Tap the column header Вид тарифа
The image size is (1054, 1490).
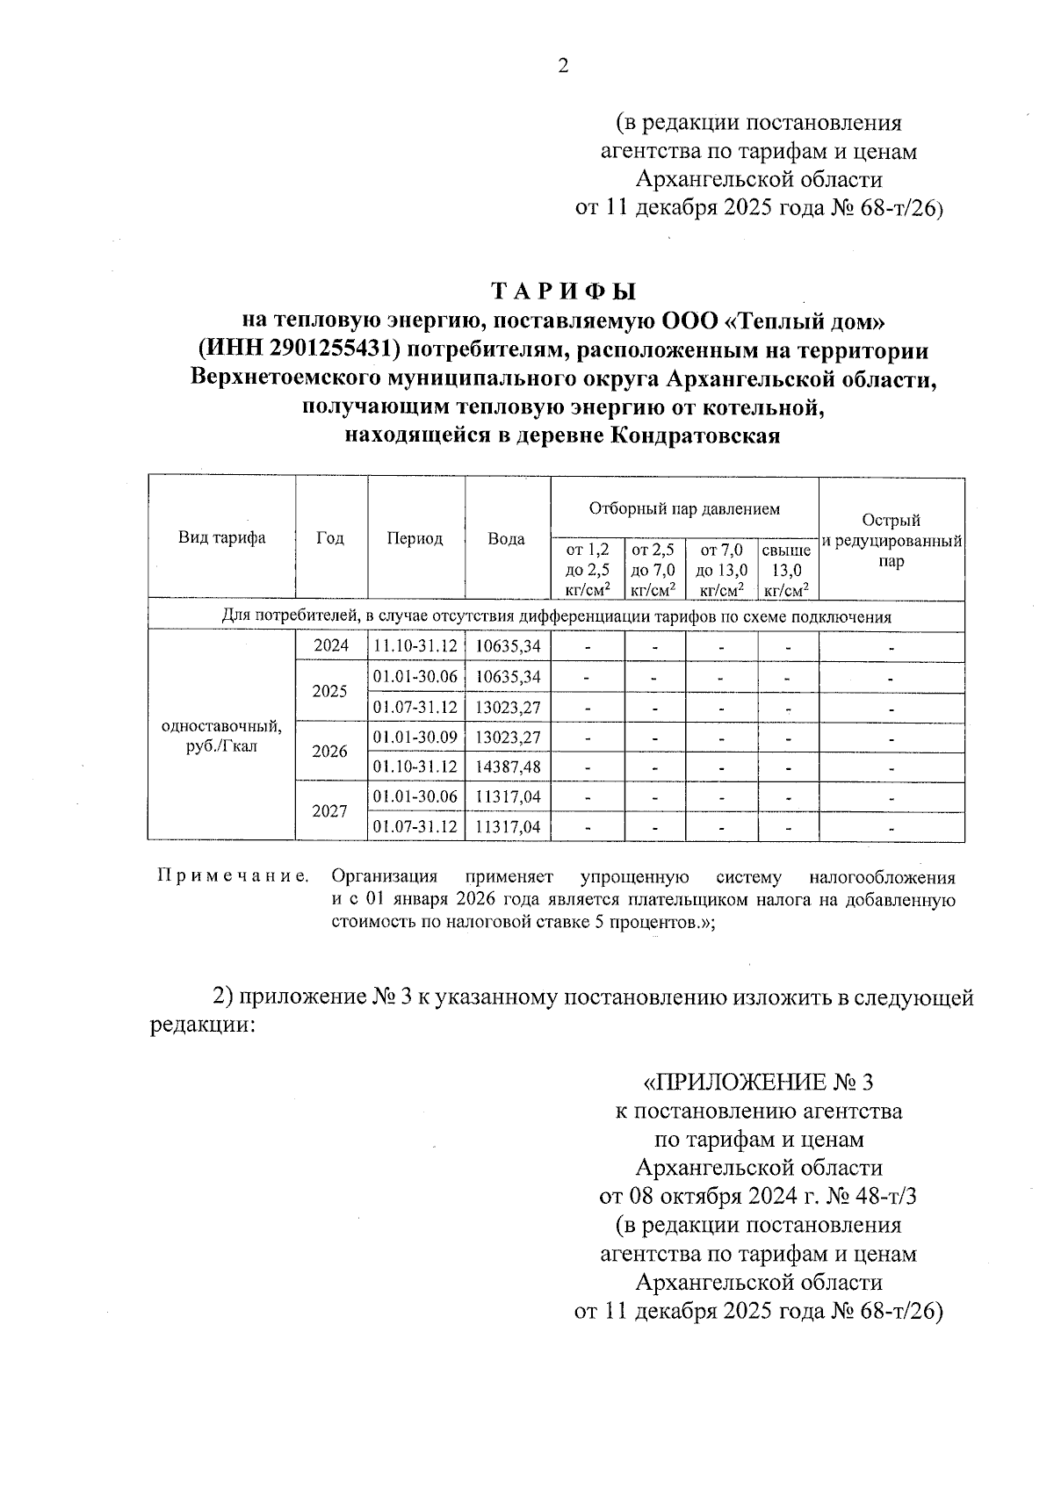tap(221, 538)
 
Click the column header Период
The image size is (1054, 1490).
tap(415, 538)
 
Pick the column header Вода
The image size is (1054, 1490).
tap(506, 539)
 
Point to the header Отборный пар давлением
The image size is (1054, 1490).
tap(684, 508)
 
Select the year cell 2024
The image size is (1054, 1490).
tap(330, 646)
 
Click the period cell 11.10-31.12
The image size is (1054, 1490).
tap(415, 646)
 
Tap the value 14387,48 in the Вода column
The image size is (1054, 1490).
tap(507, 767)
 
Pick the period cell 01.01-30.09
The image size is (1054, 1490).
tap(415, 737)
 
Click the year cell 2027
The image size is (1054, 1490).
tap(330, 811)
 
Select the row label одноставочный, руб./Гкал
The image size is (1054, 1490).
tap(221, 737)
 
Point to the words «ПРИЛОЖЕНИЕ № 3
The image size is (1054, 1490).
tap(757, 1081)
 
